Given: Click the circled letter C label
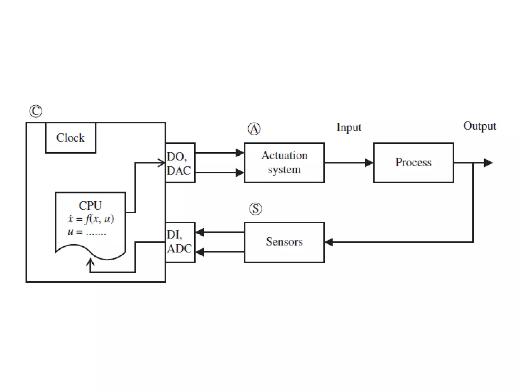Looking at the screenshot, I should (x=36, y=111).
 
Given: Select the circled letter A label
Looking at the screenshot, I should (x=254, y=129).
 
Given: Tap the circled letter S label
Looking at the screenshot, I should (x=255, y=209).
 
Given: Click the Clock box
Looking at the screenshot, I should (x=70, y=138).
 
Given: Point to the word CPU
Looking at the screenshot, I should (x=90, y=205).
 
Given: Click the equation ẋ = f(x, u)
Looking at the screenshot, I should (x=91, y=219).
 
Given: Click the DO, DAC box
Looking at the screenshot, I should (x=180, y=163).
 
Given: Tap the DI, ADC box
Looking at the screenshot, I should (x=180, y=242).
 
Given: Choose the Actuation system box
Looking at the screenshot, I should (x=284, y=162).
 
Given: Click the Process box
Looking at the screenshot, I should (x=413, y=162).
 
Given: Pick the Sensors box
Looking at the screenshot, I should (x=284, y=242).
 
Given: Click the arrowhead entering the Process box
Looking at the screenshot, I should (x=369, y=163).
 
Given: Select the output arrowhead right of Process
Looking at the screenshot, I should (x=488, y=163).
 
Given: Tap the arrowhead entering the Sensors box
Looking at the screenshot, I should (x=329, y=242).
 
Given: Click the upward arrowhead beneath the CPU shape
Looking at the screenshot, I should (x=90, y=262).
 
